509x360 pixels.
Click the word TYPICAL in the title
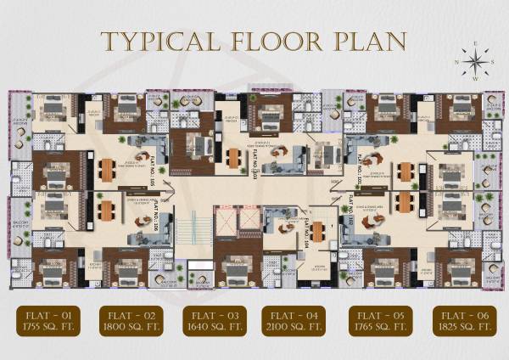(x=156, y=41)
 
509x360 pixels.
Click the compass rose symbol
(x=475, y=61)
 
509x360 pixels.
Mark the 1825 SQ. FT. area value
(x=461, y=327)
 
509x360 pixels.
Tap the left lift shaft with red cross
(x=227, y=221)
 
